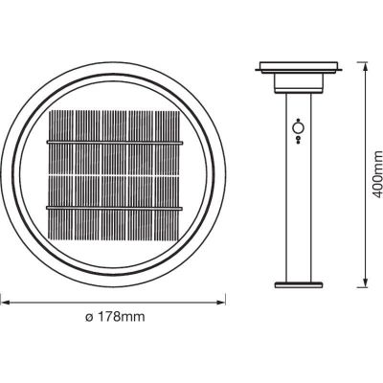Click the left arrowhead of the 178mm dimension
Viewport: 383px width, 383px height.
[x=3, y=299]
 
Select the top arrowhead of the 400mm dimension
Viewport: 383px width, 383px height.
[x=363, y=67]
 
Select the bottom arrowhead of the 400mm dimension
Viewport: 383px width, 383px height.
[x=363, y=283]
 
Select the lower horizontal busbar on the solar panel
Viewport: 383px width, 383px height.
[x=114, y=208]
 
